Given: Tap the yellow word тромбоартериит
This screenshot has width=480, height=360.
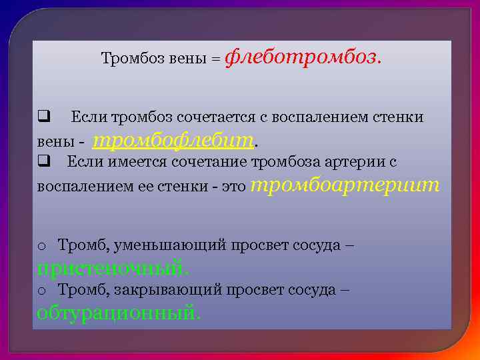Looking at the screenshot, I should click(347, 184).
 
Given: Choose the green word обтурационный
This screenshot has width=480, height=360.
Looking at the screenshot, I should click(118, 311).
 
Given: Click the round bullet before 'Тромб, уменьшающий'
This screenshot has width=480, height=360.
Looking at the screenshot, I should click(41, 246).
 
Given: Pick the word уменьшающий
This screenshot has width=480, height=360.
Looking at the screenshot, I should click(170, 246).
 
